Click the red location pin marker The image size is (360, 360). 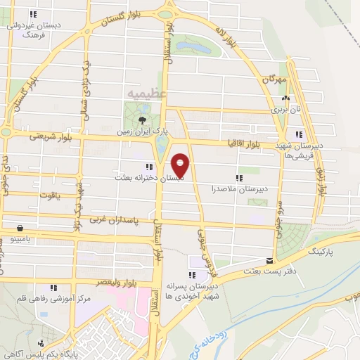coord(180,165)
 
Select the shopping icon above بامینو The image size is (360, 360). coord(19,229)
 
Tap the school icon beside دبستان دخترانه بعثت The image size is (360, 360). coord(148,167)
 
